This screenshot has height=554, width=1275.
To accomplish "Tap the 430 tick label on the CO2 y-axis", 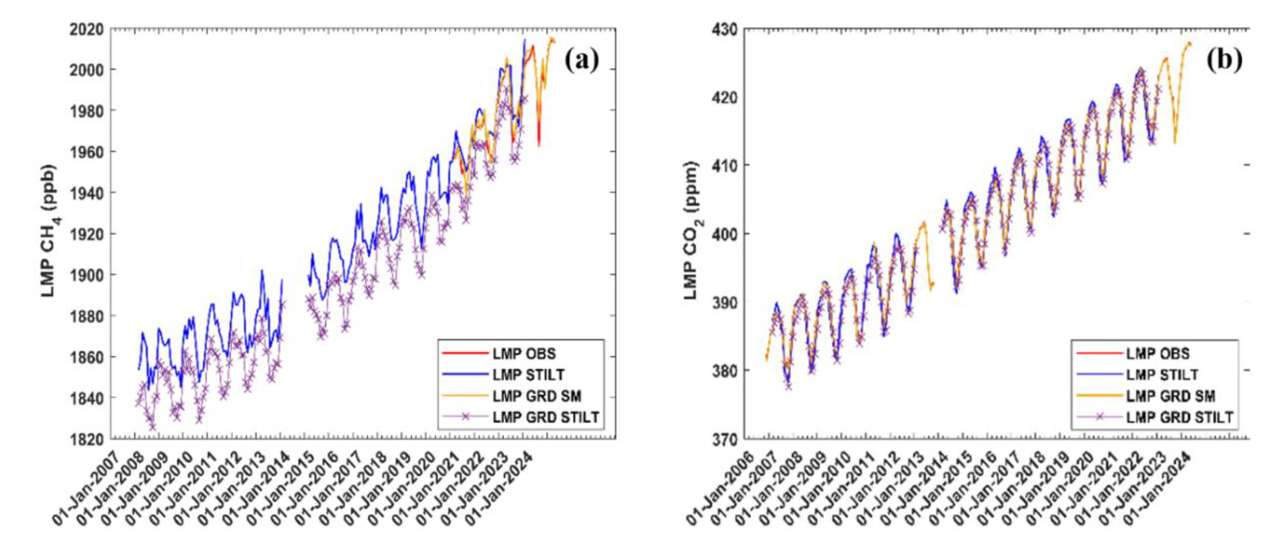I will [725, 30].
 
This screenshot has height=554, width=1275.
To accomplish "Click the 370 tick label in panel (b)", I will [725, 439].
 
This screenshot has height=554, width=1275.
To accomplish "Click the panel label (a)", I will [582, 60].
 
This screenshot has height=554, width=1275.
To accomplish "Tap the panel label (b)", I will [1224, 60].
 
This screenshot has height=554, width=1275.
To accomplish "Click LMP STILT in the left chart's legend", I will [528, 375].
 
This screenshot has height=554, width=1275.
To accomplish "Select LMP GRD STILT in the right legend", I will [1179, 418].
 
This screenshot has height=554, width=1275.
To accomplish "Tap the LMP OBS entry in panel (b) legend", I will [1158, 354].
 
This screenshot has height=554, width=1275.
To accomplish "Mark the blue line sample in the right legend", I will [1099, 375].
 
